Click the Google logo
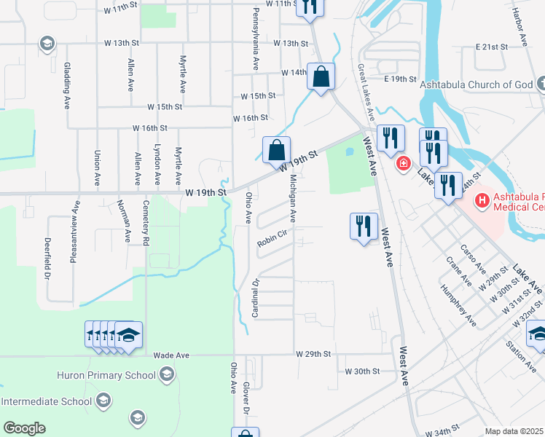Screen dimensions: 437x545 tap(24, 428)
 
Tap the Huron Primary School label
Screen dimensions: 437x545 tap(106, 375)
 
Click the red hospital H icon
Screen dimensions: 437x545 tap(481, 199)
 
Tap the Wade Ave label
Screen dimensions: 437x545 tap(171, 355)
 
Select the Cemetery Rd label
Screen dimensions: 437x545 tap(146, 222)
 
